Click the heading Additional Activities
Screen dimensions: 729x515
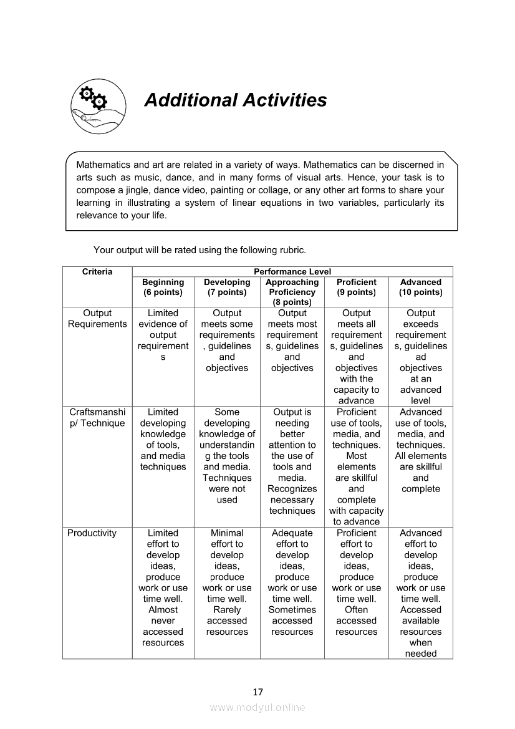pyautogui.click(x=235, y=100)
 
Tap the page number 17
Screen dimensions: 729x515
pyautogui.click(x=257, y=692)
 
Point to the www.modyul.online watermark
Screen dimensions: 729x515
pyautogui.click(x=257, y=707)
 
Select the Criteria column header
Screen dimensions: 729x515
pyautogui.click(x=97, y=272)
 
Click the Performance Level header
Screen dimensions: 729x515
pyautogui.click(x=292, y=272)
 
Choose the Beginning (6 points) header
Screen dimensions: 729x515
pyautogui.click(x=163, y=287)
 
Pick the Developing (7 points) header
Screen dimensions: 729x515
pyautogui.click(x=227, y=287)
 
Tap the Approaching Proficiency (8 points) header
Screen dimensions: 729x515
pyautogui.click(x=292, y=292)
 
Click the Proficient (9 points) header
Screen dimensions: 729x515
pyautogui.click(x=356, y=287)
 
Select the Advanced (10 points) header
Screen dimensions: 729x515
pyautogui.click(x=421, y=287)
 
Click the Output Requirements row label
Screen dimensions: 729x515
pyautogui.click(x=97, y=319)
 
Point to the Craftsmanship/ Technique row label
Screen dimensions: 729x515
pyautogui.click(x=97, y=418)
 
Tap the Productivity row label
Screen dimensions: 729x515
pyautogui.click(x=92, y=533)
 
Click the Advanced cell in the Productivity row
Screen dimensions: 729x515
pyautogui.click(x=421, y=593)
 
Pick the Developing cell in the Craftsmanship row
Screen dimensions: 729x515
pyautogui.click(x=227, y=456)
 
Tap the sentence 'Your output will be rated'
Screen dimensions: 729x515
pyautogui.click(x=200, y=250)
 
